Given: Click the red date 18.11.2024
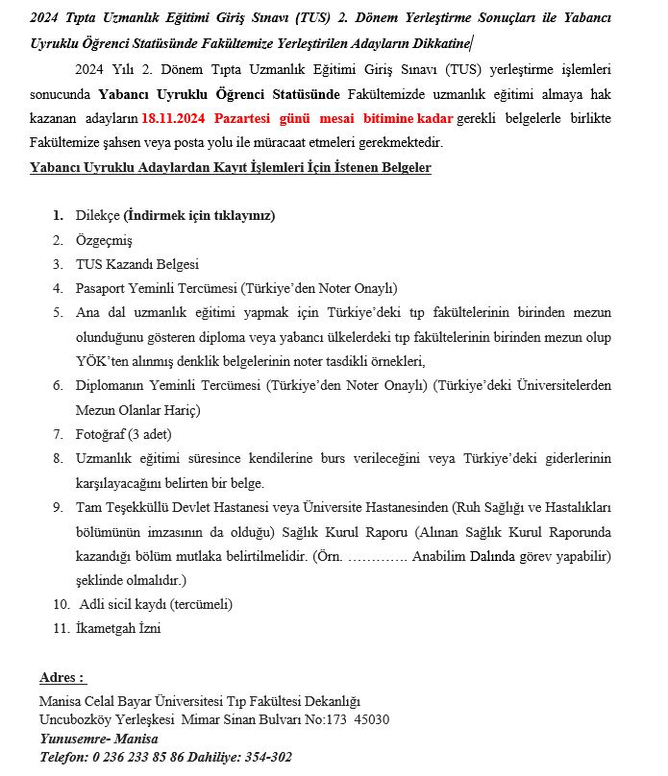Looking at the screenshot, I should tap(172, 119).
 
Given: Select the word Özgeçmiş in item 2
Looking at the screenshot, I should tap(104, 240).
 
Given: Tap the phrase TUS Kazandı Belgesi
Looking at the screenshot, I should tap(137, 264).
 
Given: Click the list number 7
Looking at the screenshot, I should tap(58, 434).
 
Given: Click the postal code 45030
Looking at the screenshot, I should tap(372, 719).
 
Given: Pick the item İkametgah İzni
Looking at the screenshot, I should tap(118, 629).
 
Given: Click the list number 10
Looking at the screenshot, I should tap(61, 604).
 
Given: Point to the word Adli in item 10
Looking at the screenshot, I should tap(91, 604).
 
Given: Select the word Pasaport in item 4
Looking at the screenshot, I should tap(103, 288).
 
